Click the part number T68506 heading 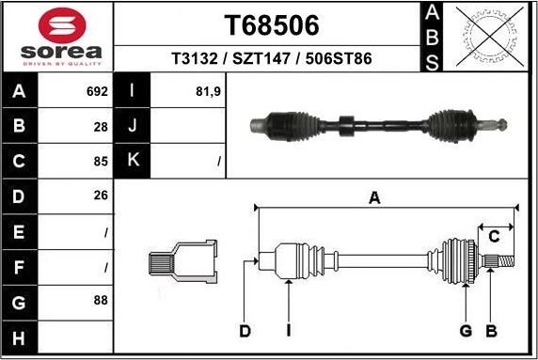pos(271,24)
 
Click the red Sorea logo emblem pos(60,24)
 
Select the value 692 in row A pos(97,92)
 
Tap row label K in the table pos(133,160)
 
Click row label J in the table pos(133,126)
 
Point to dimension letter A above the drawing pos(374,198)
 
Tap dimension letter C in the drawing pos(493,237)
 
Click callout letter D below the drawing pos(245,331)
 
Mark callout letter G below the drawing pos(466,331)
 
